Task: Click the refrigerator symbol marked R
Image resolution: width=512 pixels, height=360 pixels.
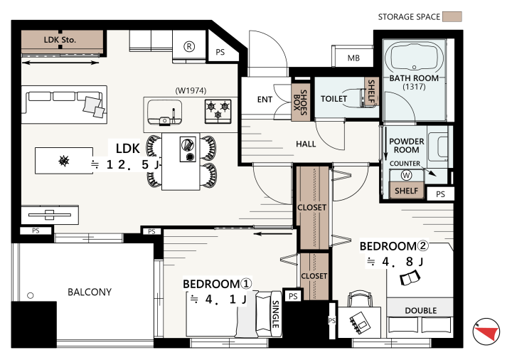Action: tap(189, 47)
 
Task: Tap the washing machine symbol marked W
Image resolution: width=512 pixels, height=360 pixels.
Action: tap(406, 176)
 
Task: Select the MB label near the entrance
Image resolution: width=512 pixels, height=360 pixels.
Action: tap(353, 58)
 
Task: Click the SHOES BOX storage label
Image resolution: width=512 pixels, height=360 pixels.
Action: tap(300, 102)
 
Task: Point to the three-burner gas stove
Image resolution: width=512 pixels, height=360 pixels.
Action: tap(218, 111)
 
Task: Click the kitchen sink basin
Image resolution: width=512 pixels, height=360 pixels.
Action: tap(164, 112)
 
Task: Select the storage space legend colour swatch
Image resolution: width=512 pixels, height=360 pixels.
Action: tap(452, 16)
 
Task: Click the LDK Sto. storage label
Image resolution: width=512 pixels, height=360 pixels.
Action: tap(60, 40)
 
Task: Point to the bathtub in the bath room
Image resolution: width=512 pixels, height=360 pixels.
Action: tap(414, 57)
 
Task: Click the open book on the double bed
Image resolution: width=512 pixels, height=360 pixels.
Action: tap(410, 278)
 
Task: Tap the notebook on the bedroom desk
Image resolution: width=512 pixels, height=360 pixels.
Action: tap(360, 322)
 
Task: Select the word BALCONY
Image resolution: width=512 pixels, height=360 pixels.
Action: tap(90, 292)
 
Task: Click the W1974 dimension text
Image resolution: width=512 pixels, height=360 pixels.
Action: tap(191, 90)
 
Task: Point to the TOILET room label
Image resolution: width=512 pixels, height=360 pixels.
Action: tap(334, 99)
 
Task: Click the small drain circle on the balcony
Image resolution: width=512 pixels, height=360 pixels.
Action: tap(31, 295)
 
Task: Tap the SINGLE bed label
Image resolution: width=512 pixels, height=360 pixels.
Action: tap(276, 314)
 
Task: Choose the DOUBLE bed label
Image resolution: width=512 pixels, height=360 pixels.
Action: tap(420, 310)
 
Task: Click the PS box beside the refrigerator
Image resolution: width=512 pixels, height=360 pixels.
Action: tap(220, 52)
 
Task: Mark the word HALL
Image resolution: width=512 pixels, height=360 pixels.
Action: tap(306, 144)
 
